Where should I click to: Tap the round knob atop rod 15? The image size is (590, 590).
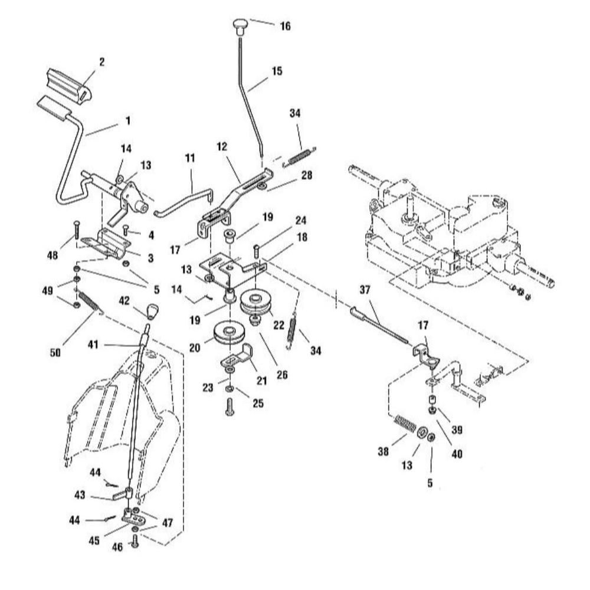coord(240,24)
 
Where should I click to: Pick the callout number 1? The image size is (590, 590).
coord(128,120)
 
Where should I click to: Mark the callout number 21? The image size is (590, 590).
coord(261,381)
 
